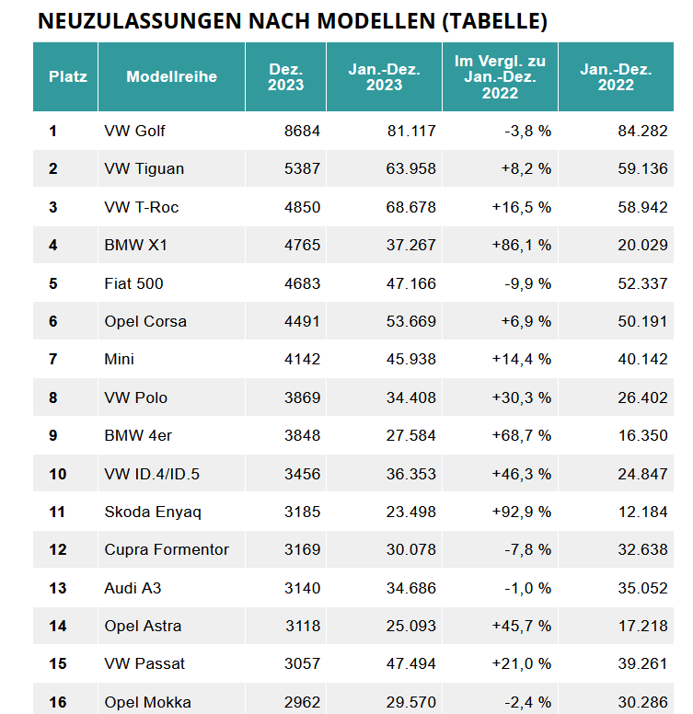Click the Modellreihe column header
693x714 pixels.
click(172, 76)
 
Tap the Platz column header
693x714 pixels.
click(68, 76)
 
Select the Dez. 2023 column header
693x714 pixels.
click(285, 77)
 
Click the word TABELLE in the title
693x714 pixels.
click(494, 21)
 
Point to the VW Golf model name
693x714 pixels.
click(134, 132)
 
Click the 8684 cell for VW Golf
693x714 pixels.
click(303, 132)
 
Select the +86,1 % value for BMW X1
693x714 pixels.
click(521, 245)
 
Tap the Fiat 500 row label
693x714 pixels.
click(133, 283)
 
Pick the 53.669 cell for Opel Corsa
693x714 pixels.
click(411, 321)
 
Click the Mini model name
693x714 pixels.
click(120, 359)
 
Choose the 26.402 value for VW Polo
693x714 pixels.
click(642, 397)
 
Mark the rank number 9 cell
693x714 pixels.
click(53, 435)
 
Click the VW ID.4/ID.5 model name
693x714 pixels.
click(152, 474)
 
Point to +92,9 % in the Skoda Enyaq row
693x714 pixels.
click(521, 512)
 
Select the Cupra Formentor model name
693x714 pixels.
click(167, 549)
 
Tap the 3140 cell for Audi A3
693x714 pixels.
click(303, 588)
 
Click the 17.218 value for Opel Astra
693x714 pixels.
click(642, 626)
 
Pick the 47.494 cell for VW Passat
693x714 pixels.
click(411, 664)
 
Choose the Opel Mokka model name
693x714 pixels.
click(147, 702)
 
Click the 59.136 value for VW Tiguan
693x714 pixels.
click(642, 169)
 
